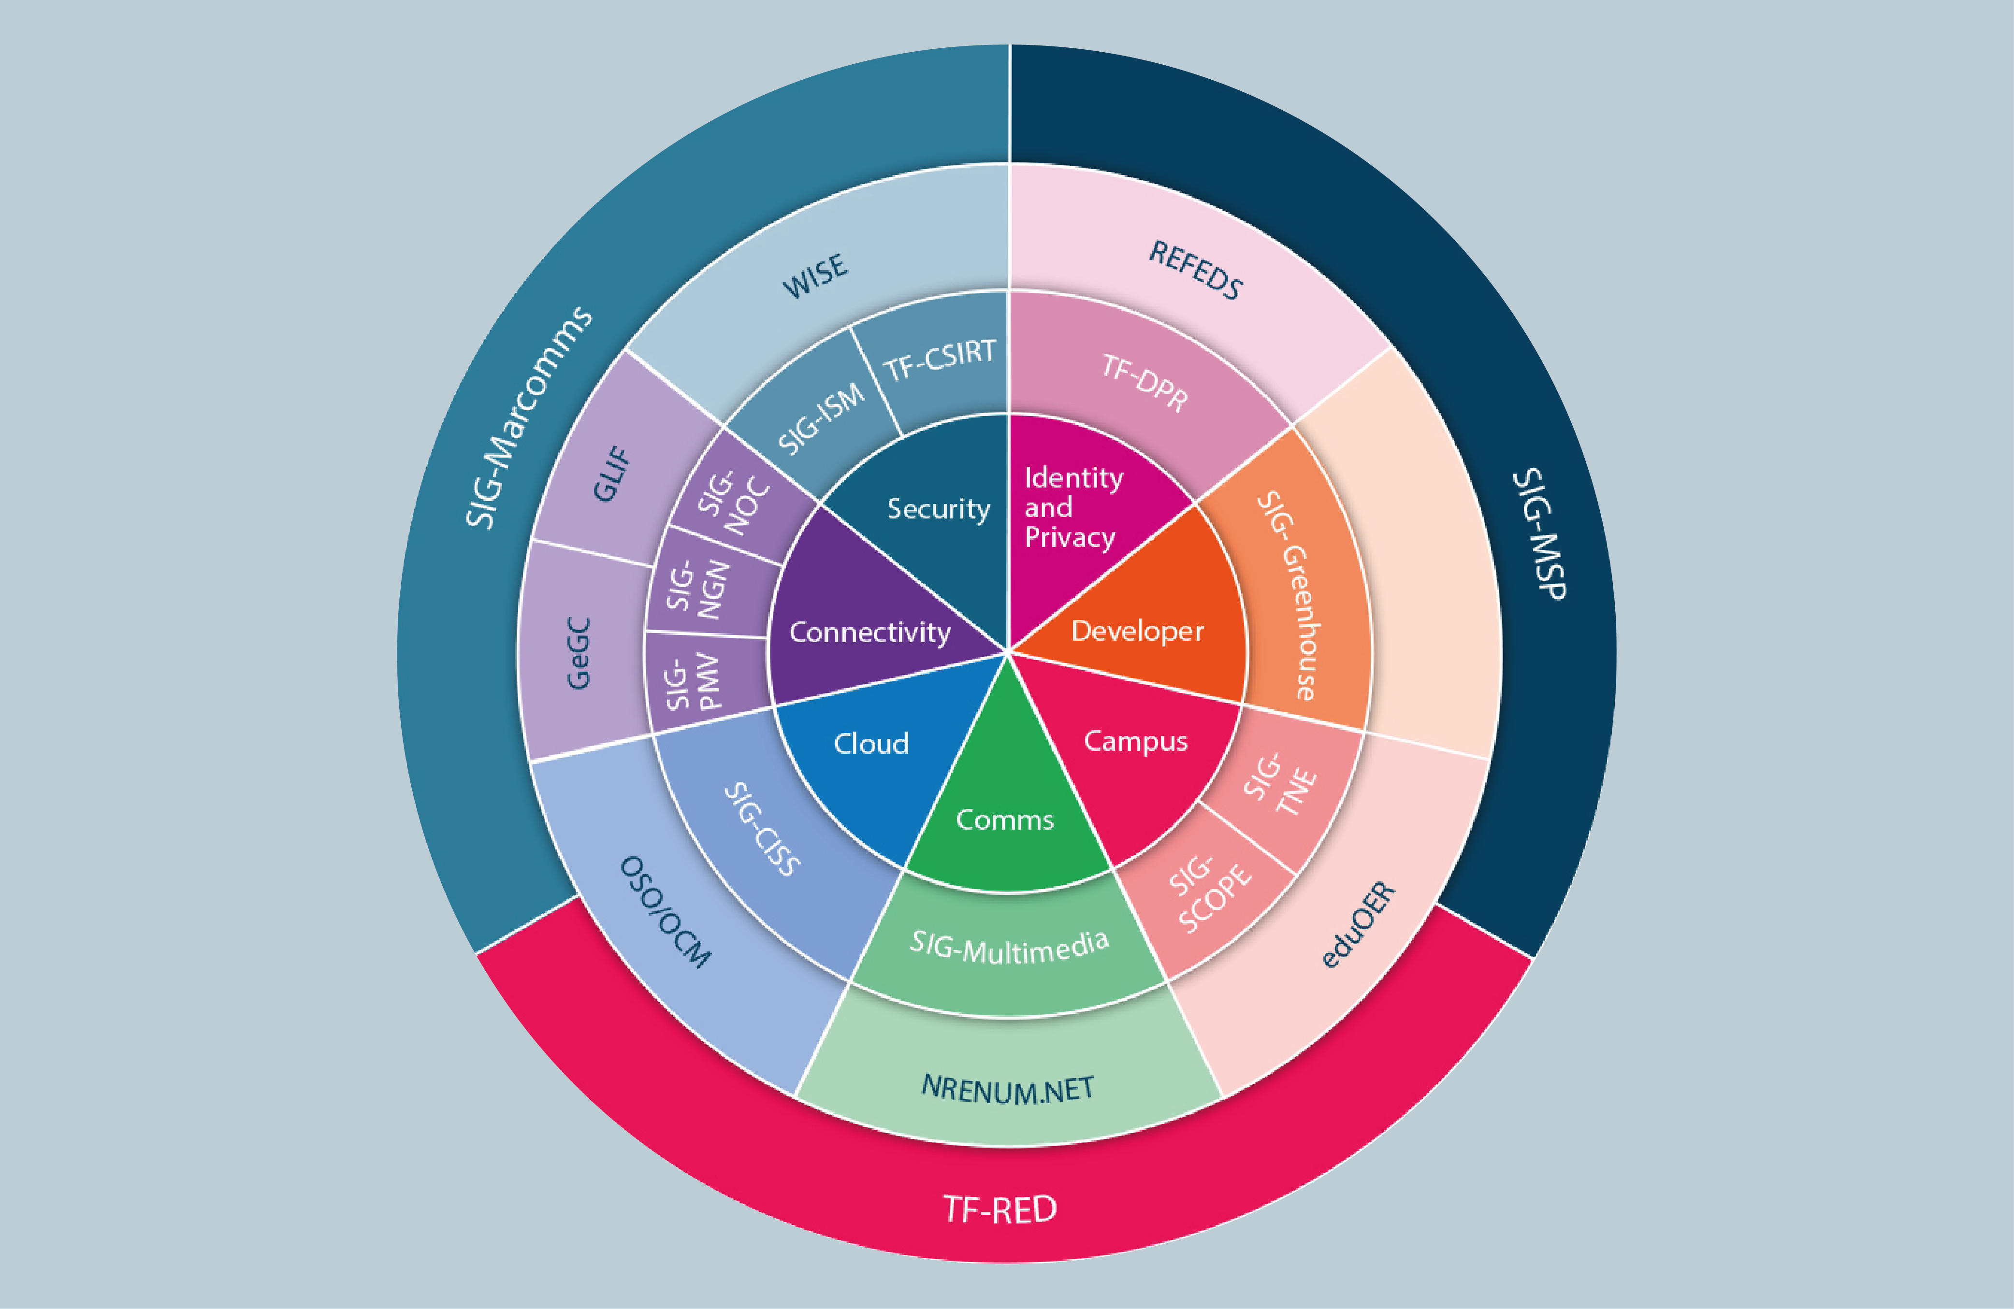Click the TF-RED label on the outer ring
click(x=1000, y=1209)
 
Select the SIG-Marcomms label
click(x=529, y=417)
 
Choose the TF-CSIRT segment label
click(x=939, y=361)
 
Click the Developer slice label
click(x=1137, y=631)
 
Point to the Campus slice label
click(x=1136, y=741)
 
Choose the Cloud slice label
click(x=871, y=743)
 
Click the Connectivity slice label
click(x=870, y=632)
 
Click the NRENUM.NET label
click(x=1008, y=1089)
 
